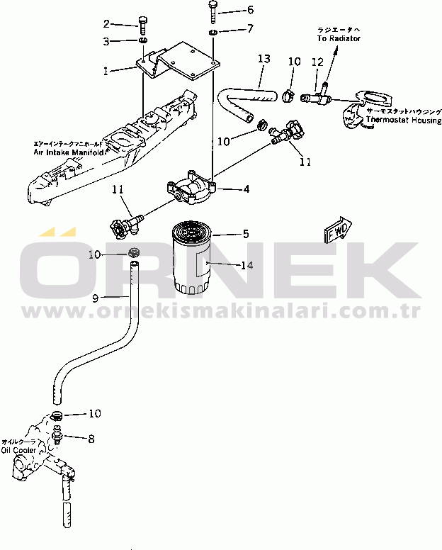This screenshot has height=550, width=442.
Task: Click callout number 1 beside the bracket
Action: [106, 71]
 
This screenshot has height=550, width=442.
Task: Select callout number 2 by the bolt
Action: [106, 23]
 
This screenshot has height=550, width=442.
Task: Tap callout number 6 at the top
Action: [229, 10]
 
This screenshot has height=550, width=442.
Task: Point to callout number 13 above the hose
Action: [263, 59]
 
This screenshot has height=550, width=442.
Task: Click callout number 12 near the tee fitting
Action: [317, 63]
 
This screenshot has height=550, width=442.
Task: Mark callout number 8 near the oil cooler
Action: [91, 439]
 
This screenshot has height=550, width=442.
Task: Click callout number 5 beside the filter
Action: [246, 233]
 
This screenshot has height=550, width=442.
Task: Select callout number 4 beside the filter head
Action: [246, 189]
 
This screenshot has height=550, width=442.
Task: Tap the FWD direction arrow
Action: [334, 230]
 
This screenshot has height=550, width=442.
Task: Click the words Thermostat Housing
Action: [403, 121]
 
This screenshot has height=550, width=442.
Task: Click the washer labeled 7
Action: [213, 33]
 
